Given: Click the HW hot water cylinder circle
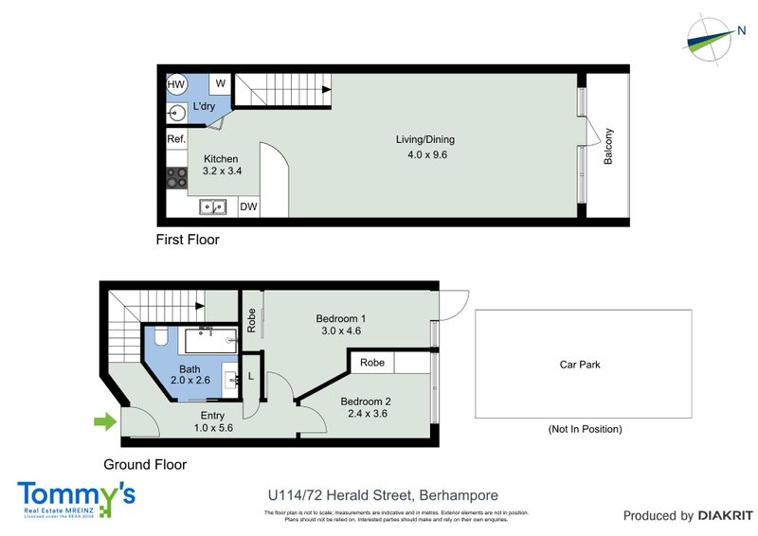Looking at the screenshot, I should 176,84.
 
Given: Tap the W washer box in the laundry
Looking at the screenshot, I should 220,83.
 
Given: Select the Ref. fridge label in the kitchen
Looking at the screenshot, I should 176,139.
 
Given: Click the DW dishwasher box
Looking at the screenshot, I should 248,206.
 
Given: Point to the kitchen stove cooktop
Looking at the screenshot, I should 176,176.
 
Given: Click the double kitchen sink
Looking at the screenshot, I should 212,206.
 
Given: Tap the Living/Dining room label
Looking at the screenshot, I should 421,140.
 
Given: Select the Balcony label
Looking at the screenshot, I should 609,147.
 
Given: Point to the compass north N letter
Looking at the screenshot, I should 741,31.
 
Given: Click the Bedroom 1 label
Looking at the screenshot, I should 340,318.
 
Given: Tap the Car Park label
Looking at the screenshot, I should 580,364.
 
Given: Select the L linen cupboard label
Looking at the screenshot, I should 250,376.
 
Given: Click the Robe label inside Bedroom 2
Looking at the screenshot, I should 371,362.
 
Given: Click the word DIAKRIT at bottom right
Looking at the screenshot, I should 725,515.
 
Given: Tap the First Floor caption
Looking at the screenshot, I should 188,240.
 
